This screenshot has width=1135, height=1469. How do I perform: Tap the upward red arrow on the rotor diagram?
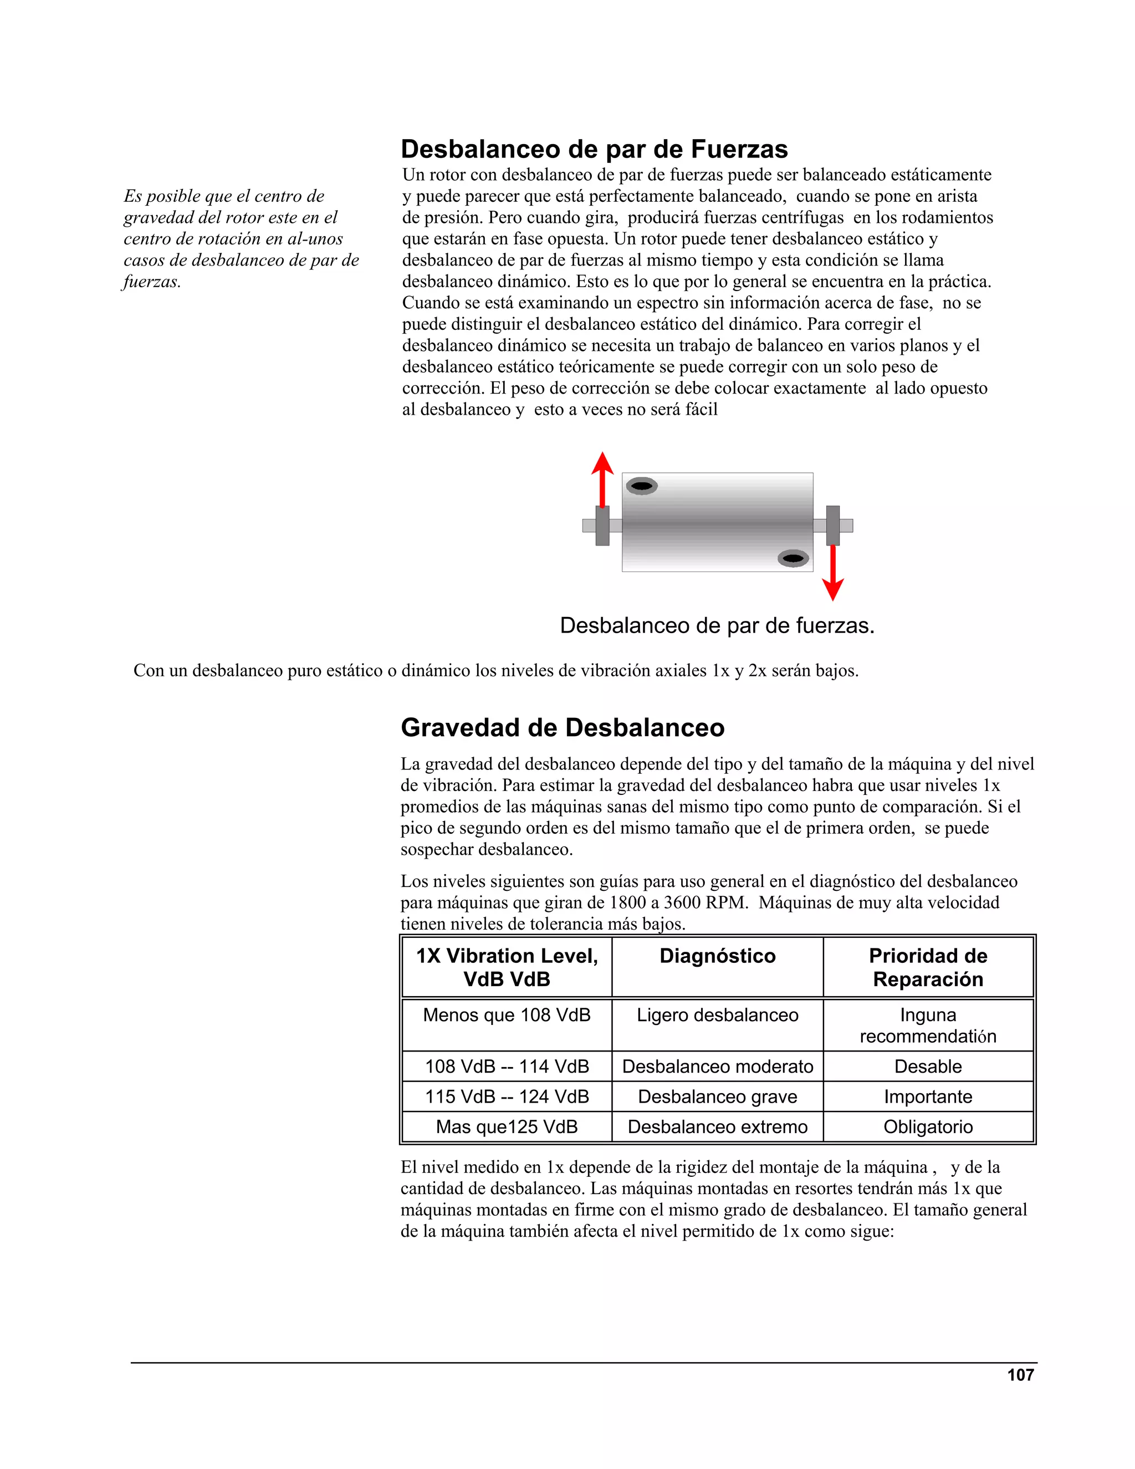tap(602, 479)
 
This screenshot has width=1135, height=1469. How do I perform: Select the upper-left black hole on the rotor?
tap(642, 486)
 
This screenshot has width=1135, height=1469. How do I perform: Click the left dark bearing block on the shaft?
tap(602, 526)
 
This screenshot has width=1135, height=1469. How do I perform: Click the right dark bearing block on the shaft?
tap(833, 526)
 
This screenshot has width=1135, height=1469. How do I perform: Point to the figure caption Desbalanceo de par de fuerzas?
tap(717, 625)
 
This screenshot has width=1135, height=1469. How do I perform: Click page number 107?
tap(1020, 1375)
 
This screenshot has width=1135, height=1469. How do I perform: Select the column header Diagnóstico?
tap(718, 956)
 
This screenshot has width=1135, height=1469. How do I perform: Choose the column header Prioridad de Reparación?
tap(928, 967)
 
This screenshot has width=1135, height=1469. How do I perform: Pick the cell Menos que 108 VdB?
tap(507, 1015)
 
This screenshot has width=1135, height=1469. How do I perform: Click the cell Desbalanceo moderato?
tap(718, 1067)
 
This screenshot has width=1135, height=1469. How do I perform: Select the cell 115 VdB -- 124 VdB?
tap(507, 1097)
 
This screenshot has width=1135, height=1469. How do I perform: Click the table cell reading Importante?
tap(928, 1097)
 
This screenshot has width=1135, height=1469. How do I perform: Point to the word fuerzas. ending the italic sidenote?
tap(152, 282)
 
